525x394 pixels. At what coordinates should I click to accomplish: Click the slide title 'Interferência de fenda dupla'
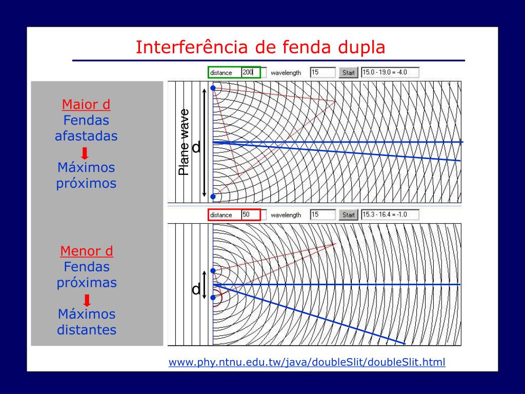[x=260, y=47]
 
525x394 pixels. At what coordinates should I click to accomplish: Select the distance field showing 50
[x=251, y=214]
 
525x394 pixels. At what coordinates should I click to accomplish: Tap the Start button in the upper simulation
[x=349, y=72]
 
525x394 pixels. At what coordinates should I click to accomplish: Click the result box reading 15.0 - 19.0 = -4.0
[x=390, y=72]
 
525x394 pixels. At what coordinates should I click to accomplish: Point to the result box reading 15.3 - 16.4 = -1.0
[x=390, y=214]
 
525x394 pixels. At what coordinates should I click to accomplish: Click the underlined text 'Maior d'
[x=86, y=105]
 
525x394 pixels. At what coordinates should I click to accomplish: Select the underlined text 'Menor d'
[x=87, y=251]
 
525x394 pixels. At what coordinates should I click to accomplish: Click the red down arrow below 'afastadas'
[x=86, y=153]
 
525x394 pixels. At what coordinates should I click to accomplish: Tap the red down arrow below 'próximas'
[x=87, y=300]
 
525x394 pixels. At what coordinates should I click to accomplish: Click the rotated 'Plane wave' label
[x=184, y=142]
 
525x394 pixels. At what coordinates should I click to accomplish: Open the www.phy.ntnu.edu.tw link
[x=307, y=362]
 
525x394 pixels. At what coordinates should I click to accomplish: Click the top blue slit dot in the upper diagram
[x=213, y=88]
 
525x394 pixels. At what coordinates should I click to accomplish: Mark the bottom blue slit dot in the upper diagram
[x=213, y=196]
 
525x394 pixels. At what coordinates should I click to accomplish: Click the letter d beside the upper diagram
[x=196, y=148]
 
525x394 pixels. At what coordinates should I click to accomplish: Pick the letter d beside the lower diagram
[x=196, y=290]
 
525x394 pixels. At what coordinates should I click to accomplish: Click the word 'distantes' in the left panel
[x=87, y=329]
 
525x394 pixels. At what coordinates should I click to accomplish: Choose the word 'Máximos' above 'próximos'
[x=86, y=168]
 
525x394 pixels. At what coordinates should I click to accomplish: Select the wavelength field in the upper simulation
[x=322, y=72]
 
